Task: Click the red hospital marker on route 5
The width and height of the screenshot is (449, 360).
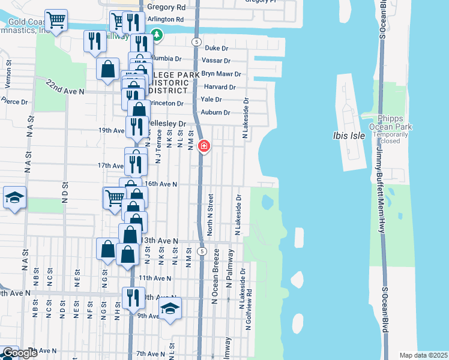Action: click(x=203, y=146)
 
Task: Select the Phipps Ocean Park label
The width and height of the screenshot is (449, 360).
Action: click(x=395, y=122)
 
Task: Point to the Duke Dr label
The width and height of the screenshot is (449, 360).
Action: click(x=217, y=47)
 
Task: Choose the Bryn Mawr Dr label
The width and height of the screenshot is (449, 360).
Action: click(x=221, y=74)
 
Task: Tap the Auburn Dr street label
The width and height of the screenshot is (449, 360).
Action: click(x=218, y=112)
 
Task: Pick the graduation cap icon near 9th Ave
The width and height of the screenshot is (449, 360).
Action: click(x=170, y=308)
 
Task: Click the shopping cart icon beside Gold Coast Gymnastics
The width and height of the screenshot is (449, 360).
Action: click(x=56, y=20)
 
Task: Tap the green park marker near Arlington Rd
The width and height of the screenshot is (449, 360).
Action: click(x=157, y=35)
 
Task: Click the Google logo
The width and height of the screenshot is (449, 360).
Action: click(x=19, y=353)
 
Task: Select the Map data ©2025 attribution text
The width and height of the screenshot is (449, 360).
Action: click(x=423, y=355)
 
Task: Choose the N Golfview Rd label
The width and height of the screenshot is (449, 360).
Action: click(x=248, y=310)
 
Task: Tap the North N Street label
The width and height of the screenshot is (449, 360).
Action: click(x=211, y=214)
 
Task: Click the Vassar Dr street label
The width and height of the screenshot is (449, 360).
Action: click(x=218, y=61)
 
